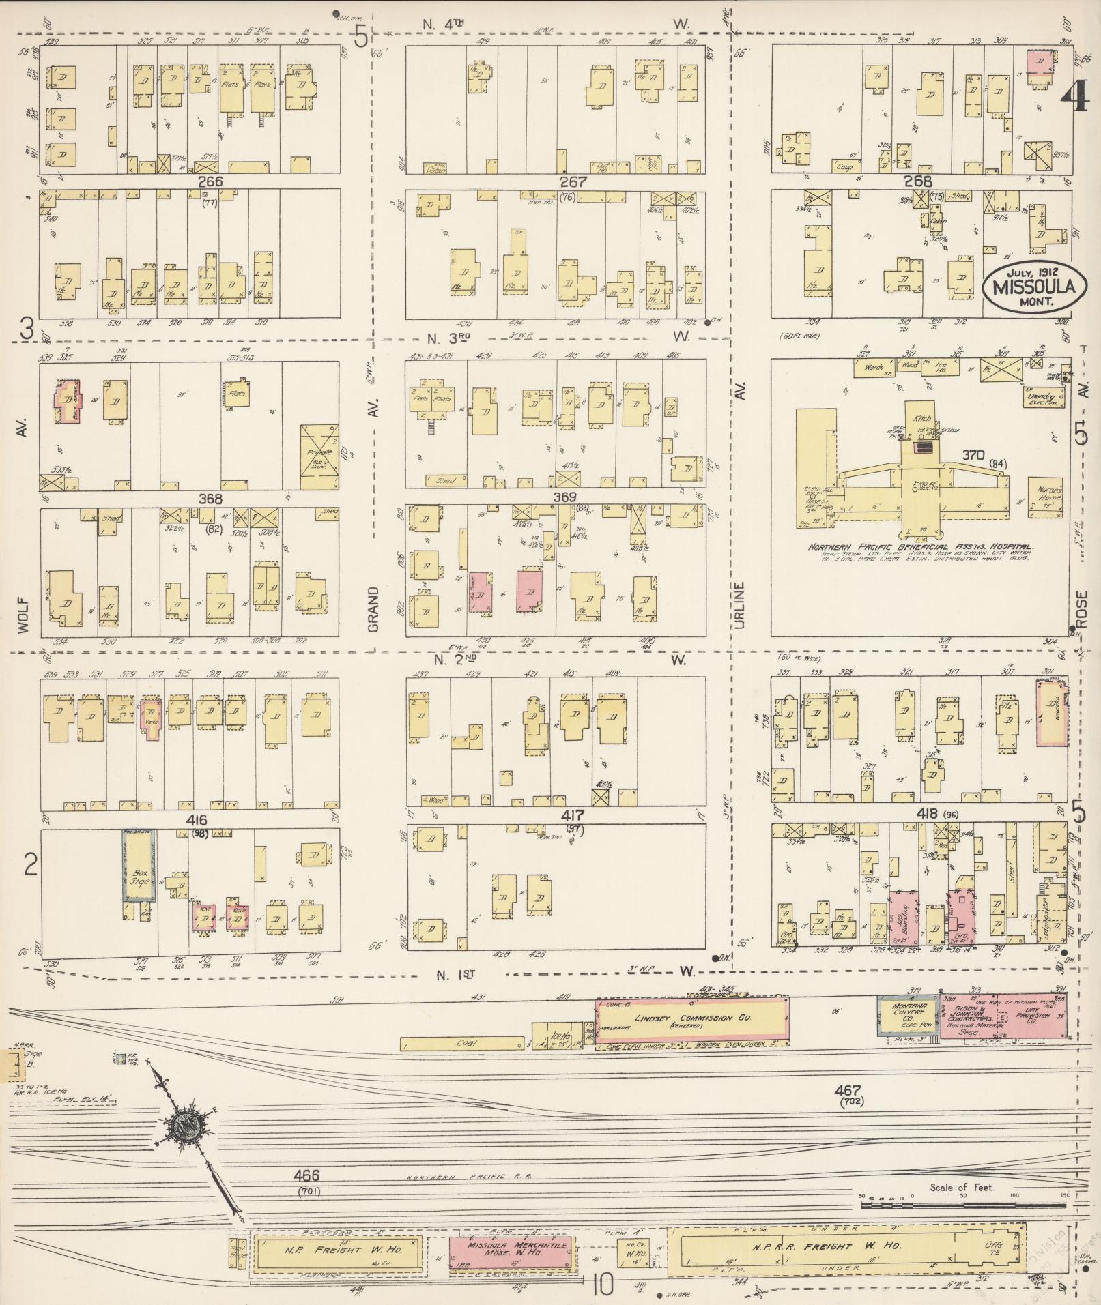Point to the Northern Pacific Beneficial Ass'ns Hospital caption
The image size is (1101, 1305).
click(919, 547)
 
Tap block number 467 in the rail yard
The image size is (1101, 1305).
click(851, 1090)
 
